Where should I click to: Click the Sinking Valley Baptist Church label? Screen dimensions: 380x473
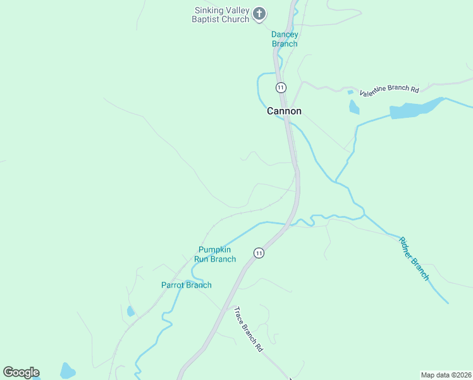[x=221, y=14]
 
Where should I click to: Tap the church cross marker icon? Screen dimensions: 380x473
[x=259, y=13]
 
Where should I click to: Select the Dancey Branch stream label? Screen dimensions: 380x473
[x=285, y=39]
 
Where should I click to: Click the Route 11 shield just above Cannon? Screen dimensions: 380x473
[x=281, y=87]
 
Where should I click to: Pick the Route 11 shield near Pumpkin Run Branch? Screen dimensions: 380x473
[x=259, y=253]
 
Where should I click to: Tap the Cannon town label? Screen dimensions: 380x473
[x=284, y=111]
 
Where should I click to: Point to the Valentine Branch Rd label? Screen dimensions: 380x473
[x=390, y=91]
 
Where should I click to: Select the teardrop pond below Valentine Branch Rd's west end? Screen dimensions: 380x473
[x=353, y=107]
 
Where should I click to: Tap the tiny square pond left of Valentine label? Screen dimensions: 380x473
[x=350, y=92]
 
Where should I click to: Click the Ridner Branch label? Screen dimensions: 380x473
[x=414, y=258]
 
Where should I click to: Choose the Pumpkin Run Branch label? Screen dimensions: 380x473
[x=217, y=255]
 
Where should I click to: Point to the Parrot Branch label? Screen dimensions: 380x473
[x=186, y=285]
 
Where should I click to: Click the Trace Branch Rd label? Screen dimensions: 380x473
[x=248, y=329]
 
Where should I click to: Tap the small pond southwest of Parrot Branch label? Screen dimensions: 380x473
[x=130, y=311]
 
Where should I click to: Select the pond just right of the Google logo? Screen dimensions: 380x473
[x=67, y=370]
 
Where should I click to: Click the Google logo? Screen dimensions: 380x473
[x=21, y=372]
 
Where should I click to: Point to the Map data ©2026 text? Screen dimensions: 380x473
[x=446, y=375]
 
